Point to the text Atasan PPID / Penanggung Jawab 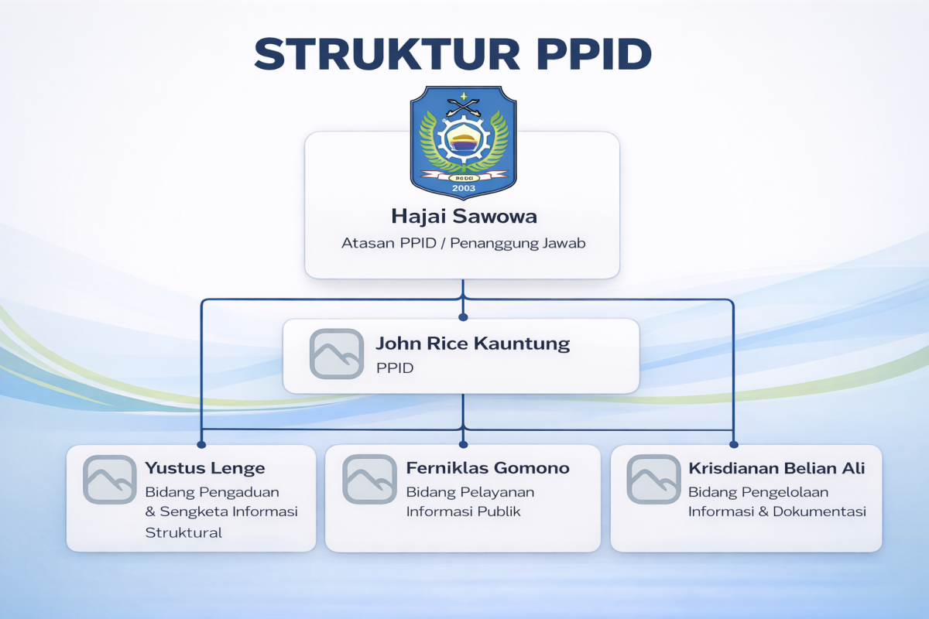point(463,243)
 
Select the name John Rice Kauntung point(472,344)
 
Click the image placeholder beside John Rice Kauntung point(336,354)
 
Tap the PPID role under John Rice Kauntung point(395,368)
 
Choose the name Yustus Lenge point(204,467)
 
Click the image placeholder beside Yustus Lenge point(109,480)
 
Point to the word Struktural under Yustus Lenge point(183,532)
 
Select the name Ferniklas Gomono point(487,467)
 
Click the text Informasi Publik point(463,511)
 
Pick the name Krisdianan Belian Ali point(776,467)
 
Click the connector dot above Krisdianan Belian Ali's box point(732,444)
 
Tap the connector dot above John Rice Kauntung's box point(463,316)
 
